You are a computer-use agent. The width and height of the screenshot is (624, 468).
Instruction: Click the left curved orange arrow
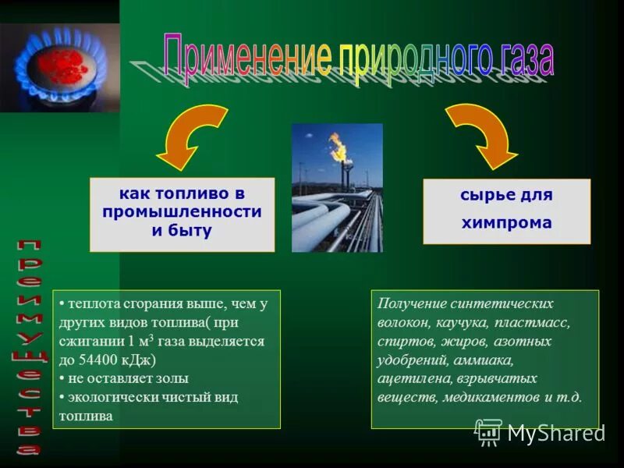pyautogui.click(x=192, y=136)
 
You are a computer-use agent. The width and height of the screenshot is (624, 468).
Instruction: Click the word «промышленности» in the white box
pyautogui.click(x=182, y=212)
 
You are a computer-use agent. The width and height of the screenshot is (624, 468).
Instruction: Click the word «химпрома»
pyautogui.click(x=507, y=222)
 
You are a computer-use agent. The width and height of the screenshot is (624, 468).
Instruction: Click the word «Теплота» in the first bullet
pyautogui.click(x=94, y=304)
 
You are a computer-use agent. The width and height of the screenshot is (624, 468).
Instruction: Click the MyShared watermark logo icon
pyautogui.click(x=488, y=431)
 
